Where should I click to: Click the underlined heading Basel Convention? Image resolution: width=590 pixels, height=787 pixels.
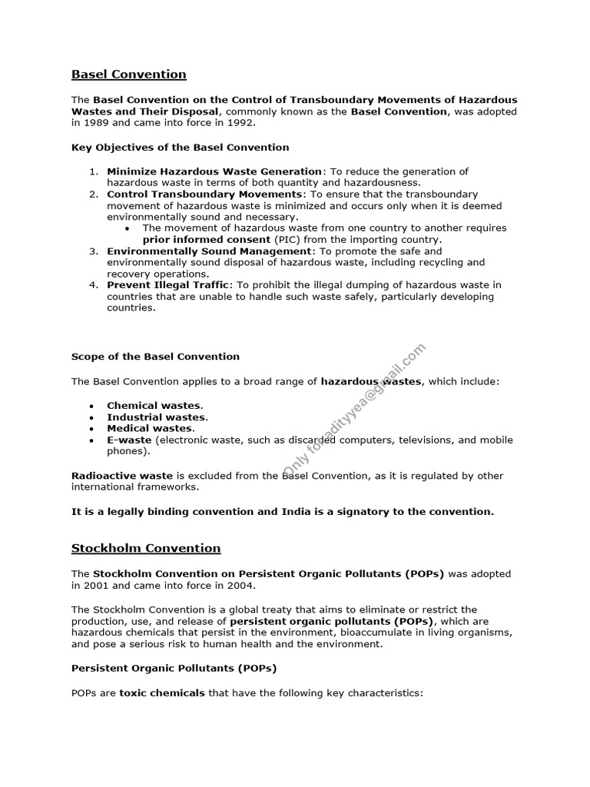pyautogui.click(x=128, y=75)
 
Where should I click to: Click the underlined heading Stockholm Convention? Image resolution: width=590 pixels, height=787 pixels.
pyautogui.click(x=146, y=548)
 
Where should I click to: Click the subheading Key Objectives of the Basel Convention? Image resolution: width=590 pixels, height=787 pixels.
pyautogui.click(x=180, y=147)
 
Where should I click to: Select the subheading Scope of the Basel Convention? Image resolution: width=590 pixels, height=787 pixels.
pyautogui.click(x=155, y=357)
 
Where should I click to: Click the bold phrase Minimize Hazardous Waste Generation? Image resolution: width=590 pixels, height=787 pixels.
pyautogui.click(x=214, y=171)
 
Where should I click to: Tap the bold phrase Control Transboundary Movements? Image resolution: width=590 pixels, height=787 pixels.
pyautogui.click(x=204, y=194)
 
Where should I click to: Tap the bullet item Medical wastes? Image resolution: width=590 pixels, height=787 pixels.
pyautogui.click(x=151, y=428)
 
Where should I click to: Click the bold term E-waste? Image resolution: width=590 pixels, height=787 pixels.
pyautogui.click(x=129, y=440)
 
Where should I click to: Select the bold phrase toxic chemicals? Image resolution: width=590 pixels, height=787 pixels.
pyautogui.click(x=162, y=692)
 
